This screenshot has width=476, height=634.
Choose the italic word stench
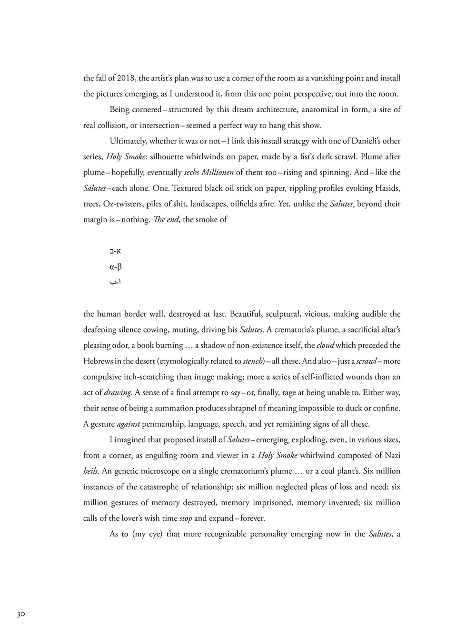coord(253,361)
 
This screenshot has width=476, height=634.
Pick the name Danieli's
coord(361,141)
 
